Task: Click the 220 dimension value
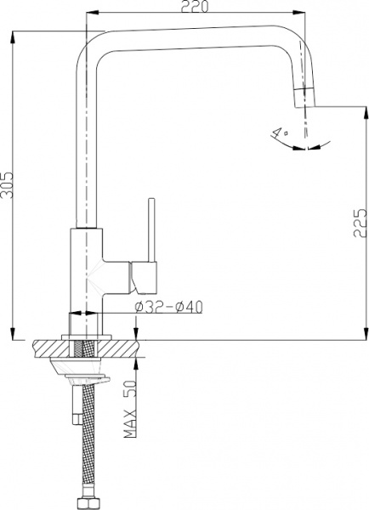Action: tap(195, 7)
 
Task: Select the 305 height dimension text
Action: tap(7, 184)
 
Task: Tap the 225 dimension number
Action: tap(360, 223)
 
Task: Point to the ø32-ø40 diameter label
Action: tap(168, 307)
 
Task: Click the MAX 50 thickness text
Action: tap(130, 409)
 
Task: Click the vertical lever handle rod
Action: tap(151, 229)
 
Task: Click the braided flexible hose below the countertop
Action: tap(88, 440)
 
